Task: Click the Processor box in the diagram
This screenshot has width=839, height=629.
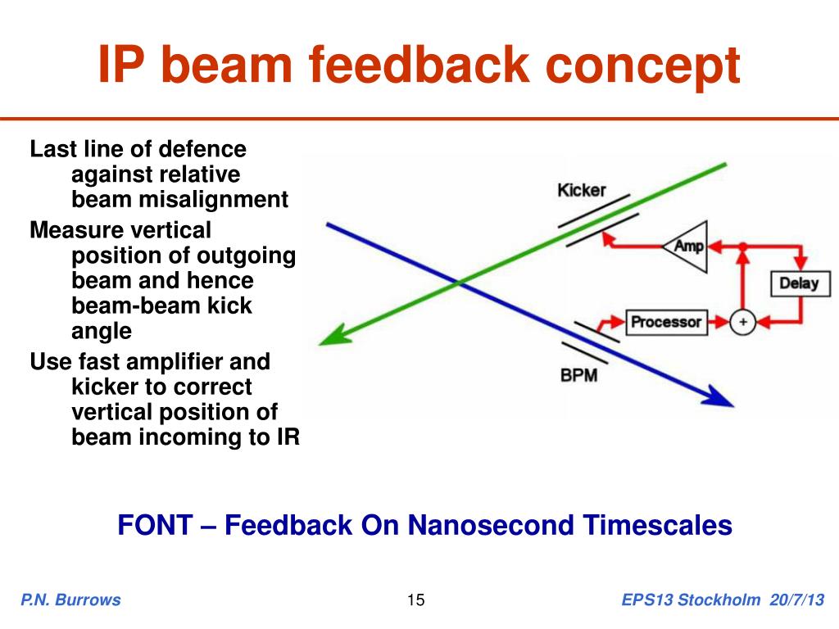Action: [666, 322]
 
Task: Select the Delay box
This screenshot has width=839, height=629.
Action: [800, 283]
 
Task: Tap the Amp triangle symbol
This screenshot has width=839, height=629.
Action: [686, 247]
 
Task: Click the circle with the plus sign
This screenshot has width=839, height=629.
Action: [742, 322]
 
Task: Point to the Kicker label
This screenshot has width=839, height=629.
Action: [582, 190]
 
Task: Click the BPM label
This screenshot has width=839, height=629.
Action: [579, 375]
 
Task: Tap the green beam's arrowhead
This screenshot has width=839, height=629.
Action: [335, 337]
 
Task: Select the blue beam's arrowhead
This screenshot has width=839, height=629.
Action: [718, 397]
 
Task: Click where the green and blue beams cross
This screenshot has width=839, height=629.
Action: [459, 282]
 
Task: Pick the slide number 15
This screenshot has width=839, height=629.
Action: [415, 600]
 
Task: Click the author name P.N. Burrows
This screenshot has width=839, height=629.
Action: [70, 600]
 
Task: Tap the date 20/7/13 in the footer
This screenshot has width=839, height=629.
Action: [796, 600]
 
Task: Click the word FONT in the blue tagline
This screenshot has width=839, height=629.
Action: [155, 525]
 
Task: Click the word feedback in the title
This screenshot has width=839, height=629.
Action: [419, 65]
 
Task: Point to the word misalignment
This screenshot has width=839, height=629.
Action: [213, 200]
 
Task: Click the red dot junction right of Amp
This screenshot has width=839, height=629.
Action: [742, 247]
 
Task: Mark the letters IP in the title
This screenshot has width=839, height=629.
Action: [121, 65]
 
